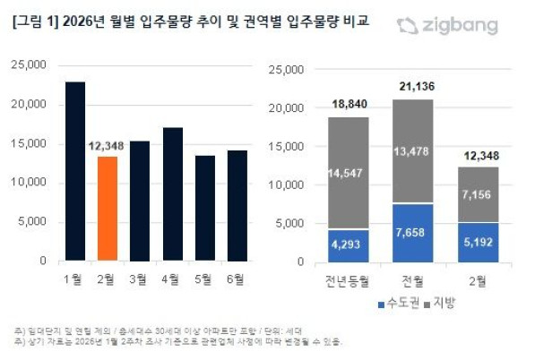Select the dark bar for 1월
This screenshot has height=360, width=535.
(x=74, y=171)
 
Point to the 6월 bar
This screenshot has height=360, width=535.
(x=237, y=205)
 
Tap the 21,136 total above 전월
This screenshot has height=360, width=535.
(x=413, y=86)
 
